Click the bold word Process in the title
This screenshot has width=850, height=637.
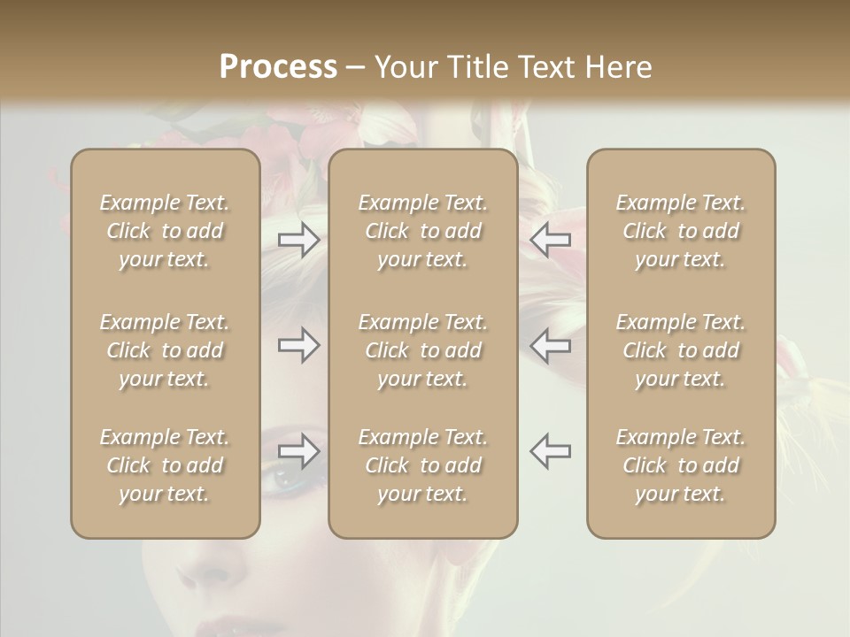(278, 67)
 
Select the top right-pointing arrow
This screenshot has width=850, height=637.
(299, 240)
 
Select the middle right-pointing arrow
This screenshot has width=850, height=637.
(299, 345)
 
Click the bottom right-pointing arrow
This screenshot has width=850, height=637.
(299, 450)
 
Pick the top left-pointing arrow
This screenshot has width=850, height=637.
(550, 240)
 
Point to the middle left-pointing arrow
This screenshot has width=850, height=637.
(550, 345)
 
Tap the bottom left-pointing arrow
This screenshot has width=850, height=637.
(550, 450)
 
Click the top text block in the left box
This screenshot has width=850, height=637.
(165, 231)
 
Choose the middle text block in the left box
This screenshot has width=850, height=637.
(165, 350)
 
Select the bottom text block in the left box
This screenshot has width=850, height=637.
(165, 465)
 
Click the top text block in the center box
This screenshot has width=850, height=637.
(422, 231)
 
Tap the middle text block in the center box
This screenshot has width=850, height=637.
(422, 350)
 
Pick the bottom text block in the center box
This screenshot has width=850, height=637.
(422, 465)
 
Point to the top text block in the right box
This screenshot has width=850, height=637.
(680, 231)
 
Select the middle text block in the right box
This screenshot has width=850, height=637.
(680, 350)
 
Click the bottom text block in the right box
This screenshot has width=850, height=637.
(680, 465)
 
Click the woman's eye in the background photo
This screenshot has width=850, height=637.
(285, 480)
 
